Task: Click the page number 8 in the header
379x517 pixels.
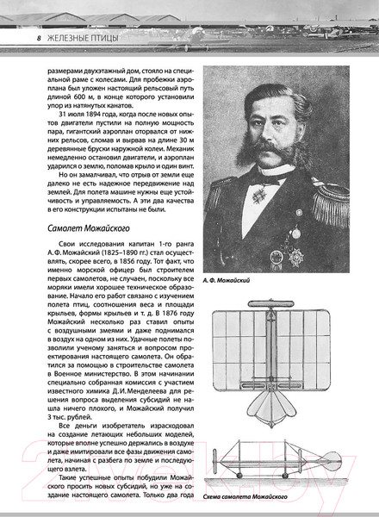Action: pyautogui.click(x=29, y=39)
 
